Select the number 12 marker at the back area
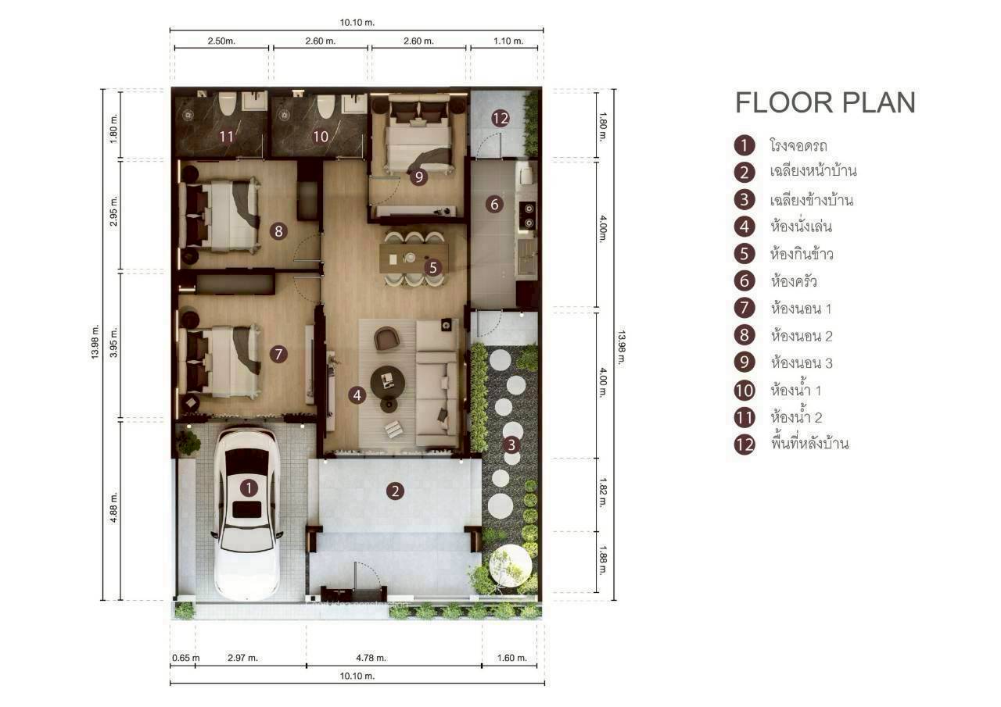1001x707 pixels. click(x=500, y=119)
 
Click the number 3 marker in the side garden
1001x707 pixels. click(x=511, y=445)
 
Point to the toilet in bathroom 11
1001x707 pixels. click(x=228, y=103)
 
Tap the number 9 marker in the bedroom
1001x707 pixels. click(x=419, y=177)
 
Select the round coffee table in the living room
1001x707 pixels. click(x=387, y=380)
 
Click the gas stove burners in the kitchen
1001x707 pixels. click(x=529, y=215)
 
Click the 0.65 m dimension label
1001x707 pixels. click(x=185, y=658)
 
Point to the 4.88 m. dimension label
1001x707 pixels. click(x=114, y=508)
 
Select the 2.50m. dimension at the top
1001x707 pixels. click(x=221, y=41)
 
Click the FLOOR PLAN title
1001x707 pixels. click(x=825, y=103)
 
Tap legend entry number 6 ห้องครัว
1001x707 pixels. click(x=795, y=281)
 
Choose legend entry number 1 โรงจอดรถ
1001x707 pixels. click(x=798, y=145)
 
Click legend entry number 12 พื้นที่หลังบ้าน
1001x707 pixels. click(x=809, y=444)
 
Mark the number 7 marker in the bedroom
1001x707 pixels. click(x=278, y=354)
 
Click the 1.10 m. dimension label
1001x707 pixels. click(x=508, y=41)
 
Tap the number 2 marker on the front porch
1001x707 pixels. click(x=396, y=491)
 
